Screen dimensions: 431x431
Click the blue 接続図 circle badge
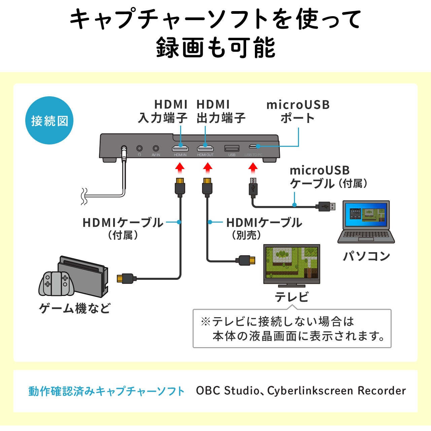point(49,121)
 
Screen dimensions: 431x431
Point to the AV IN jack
point(156,148)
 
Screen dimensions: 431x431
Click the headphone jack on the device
point(139,148)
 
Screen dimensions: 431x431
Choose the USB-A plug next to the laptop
point(326,206)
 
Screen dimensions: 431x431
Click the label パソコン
point(366,256)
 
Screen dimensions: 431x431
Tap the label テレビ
point(292,297)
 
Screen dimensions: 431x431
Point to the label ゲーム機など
point(75,308)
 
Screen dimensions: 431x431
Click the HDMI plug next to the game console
point(126,278)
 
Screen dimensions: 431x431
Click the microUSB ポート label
point(298,111)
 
